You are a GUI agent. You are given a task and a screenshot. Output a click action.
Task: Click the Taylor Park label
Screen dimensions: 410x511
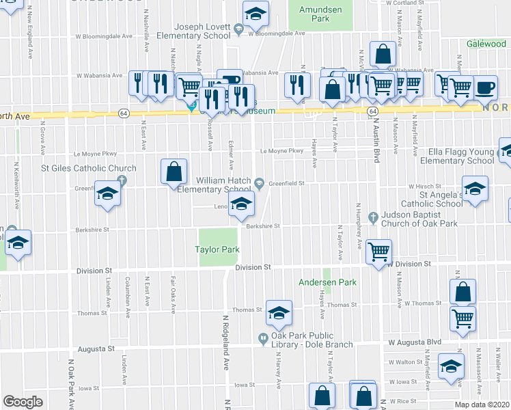219,250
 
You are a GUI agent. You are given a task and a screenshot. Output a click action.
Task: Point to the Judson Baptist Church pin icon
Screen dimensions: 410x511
373,218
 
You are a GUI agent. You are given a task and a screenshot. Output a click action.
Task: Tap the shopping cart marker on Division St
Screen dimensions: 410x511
378,251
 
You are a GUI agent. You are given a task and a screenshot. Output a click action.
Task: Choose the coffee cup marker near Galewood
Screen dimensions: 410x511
485,87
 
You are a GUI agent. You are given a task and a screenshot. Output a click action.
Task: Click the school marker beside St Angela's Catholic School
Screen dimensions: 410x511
475,188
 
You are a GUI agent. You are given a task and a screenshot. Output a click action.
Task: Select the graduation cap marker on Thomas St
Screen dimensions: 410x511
279,312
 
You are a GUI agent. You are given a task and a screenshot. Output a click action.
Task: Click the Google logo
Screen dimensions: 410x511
23,402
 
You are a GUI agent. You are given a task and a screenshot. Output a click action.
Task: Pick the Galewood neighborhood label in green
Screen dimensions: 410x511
486,44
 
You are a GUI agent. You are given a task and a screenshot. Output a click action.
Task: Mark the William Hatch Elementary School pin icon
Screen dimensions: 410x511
260,181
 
